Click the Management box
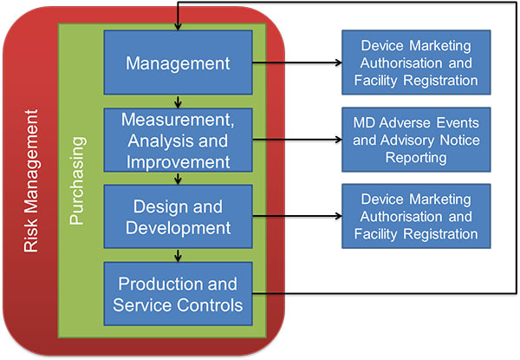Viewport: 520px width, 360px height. (178, 62)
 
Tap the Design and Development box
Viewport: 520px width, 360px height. (178, 216)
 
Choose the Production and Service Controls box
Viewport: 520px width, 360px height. (178, 294)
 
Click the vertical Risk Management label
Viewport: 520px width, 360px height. (32, 180)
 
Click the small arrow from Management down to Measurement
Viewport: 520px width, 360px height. (178, 101)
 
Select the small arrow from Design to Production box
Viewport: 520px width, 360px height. (178, 255)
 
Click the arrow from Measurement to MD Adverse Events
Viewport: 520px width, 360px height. (295, 139)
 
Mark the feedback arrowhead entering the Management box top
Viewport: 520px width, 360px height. (178, 25)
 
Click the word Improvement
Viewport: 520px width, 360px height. (178, 160)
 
